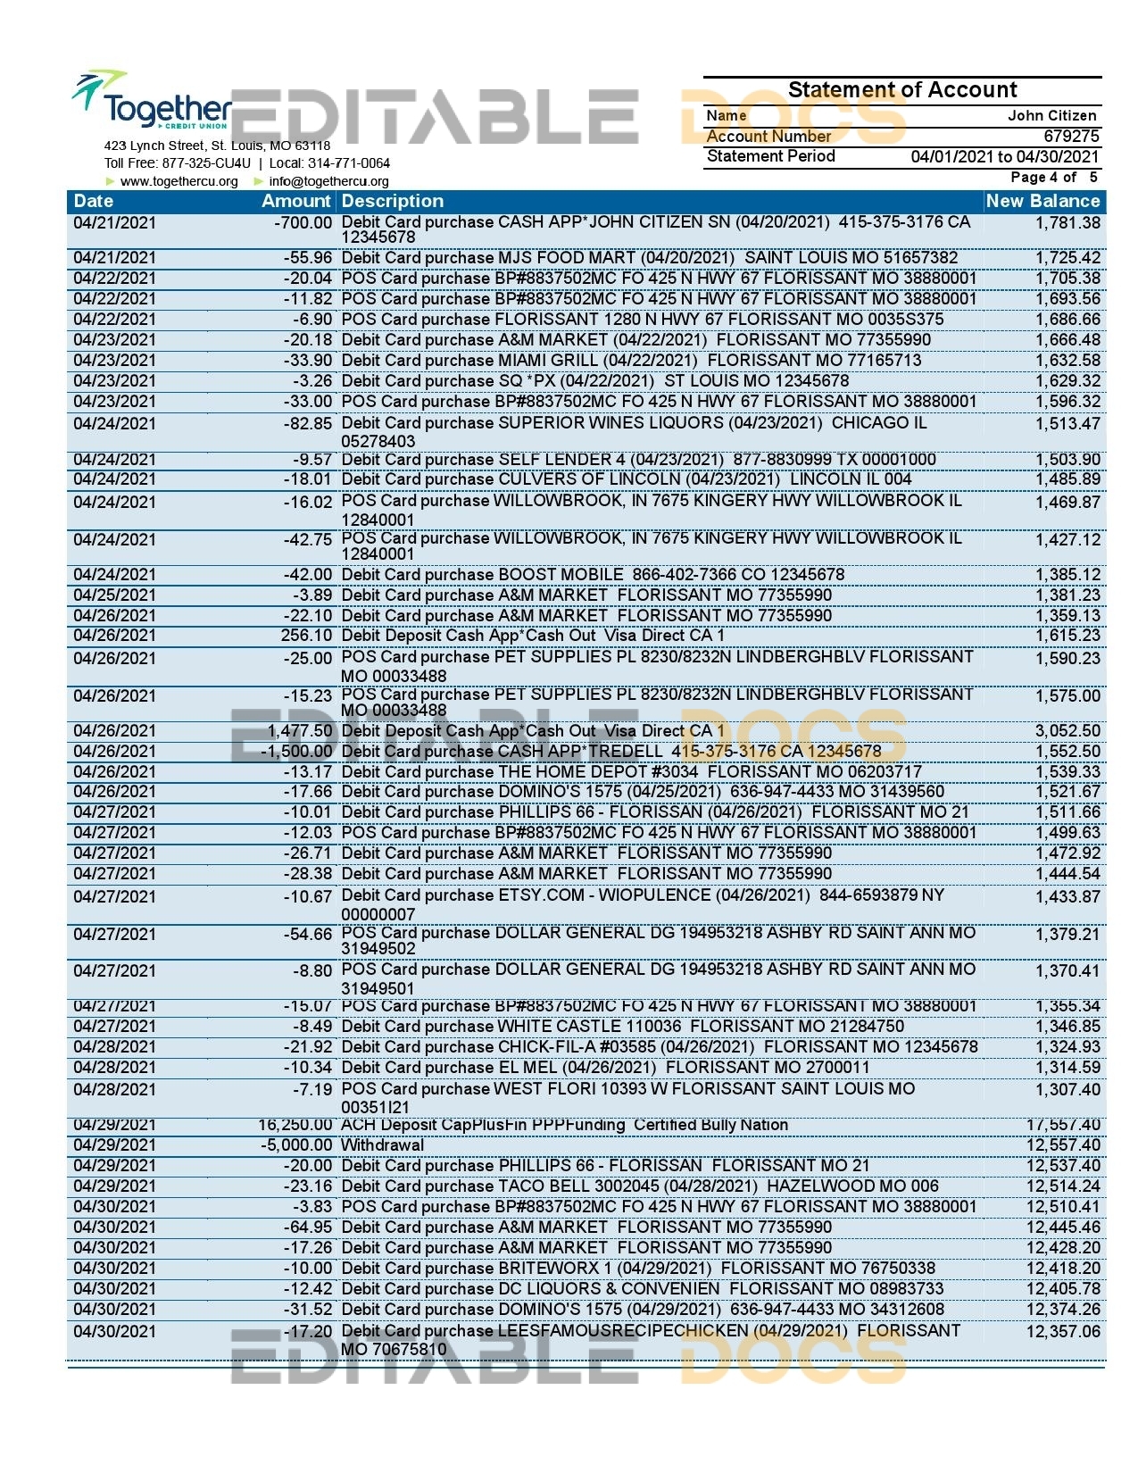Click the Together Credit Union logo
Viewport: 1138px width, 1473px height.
coord(152,103)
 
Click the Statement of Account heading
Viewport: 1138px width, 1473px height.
coord(901,90)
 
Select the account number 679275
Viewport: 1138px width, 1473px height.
coord(1071,136)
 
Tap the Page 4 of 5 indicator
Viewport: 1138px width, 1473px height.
coord(1054,178)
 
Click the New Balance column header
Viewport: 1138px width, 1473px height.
coord(1042,202)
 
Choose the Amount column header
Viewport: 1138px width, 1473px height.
coord(296,202)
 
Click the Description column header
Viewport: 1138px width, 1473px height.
coord(393,202)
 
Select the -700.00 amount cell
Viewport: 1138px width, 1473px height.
coord(303,222)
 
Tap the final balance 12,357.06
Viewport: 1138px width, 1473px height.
coord(1063,1332)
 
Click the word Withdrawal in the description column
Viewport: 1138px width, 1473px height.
coord(383,1145)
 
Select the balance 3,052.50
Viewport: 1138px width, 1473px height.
coord(1067,731)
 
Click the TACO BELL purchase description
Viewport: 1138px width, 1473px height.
coord(639,1186)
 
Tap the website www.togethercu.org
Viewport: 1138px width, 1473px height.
coord(179,182)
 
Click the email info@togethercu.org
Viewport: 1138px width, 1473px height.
coord(328,182)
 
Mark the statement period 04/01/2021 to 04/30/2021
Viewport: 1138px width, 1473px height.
coord(1005,157)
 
